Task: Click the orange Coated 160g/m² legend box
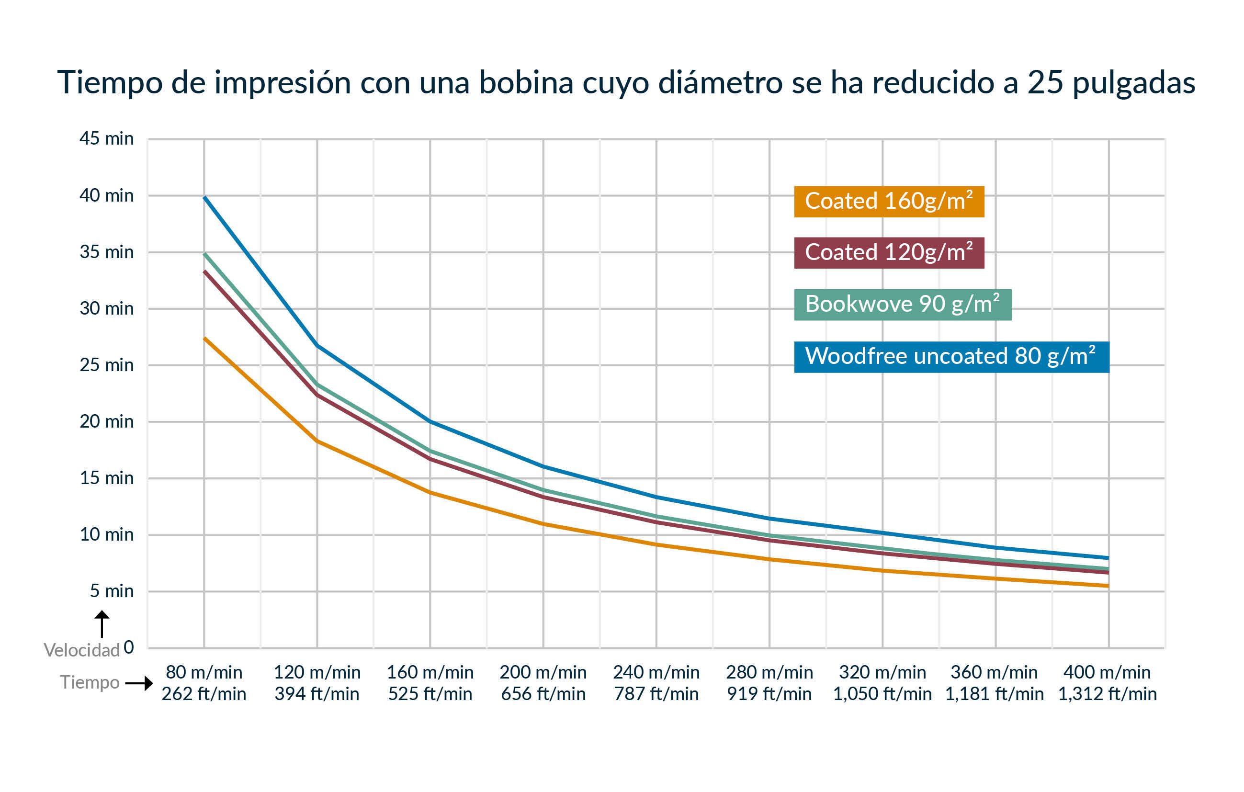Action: pyautogui.click(x=889, y=202)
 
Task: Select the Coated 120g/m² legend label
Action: pyautogui.click(x=889, y=253)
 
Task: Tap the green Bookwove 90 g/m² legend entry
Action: pyautogui.click(x=902, y=304)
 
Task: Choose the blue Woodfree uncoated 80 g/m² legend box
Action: pyautogui.click(x=951, y=356)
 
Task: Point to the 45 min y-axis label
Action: pyautogui.click(x=106, y=139)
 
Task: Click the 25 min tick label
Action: pyautogui.click(x=106, y=365)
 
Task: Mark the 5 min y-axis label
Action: pyautogui.click(x=112, y=591)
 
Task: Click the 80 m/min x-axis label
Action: pyautogui.click(x=204, y=672)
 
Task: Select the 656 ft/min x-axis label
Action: pyautogui.click(x=543, y=694)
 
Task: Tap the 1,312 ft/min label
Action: pyautogui.click(x=1107, y=694)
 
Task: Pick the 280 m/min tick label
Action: pyautogui.click(x=769, y=672)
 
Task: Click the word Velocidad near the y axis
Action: pyautogui.click(x=81, y=650)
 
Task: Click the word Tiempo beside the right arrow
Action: pyautogui.click(x=90, y=682)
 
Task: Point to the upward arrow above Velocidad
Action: pyautogui.click(x=102, y=623)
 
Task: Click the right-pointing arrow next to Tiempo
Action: pyautogui.click(x=139, y=683)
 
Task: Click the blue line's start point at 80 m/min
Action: pyautogui.click(x=204, y=197)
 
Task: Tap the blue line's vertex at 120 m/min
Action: pyautogui.click(x=317, y=345)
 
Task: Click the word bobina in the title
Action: pyautogui.click(x=526, y=83)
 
